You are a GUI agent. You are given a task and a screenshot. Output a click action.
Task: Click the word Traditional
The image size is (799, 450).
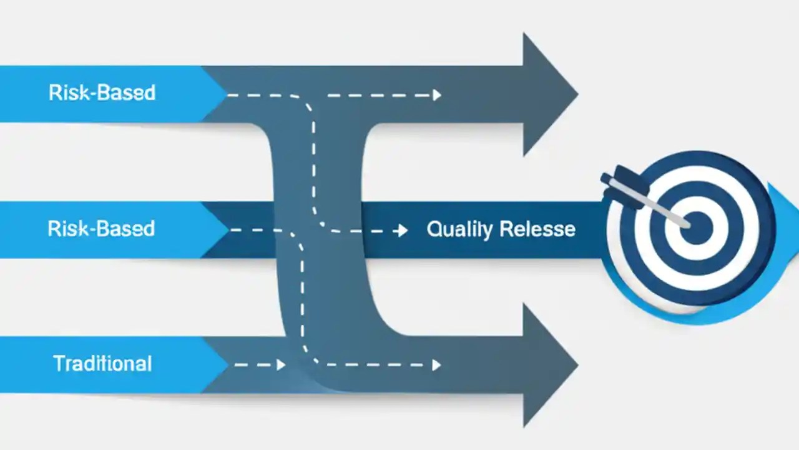point(102,364)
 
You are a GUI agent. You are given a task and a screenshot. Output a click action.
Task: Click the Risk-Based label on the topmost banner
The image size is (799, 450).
point(102,93)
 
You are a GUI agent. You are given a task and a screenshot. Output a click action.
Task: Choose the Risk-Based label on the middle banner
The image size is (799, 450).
point(101,229)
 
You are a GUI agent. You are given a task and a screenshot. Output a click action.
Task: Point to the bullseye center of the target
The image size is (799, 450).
point(697,227)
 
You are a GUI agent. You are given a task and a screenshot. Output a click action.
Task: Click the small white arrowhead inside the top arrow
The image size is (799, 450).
point(437,95)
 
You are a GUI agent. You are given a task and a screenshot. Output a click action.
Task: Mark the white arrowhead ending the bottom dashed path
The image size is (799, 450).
point(437,365)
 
